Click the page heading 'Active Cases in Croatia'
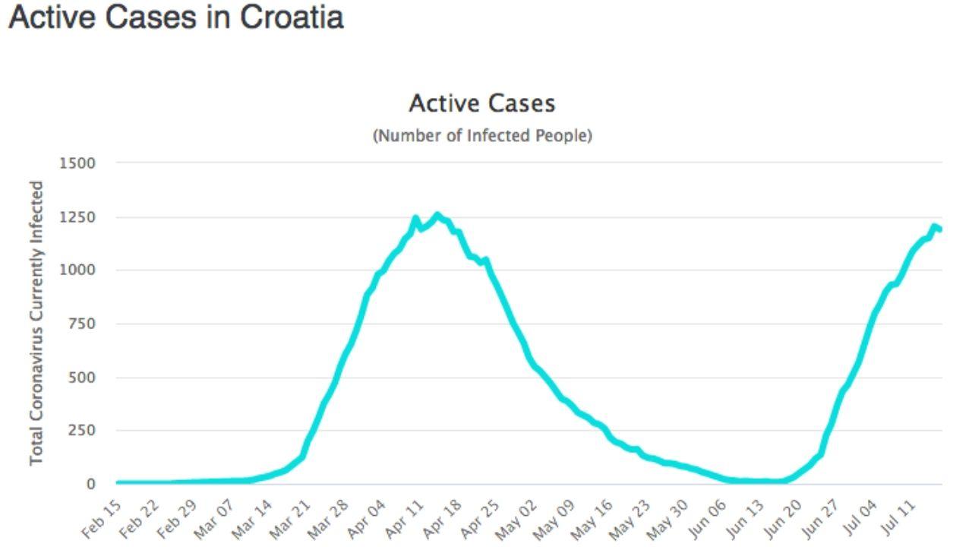175,17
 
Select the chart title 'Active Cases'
481,103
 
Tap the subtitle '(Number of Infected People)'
481,136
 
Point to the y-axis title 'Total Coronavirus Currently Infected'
36,323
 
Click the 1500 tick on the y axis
79,163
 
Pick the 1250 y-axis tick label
79,217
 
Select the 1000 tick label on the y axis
79,270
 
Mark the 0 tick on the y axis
91,484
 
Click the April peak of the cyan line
437,215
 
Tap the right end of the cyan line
940,229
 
